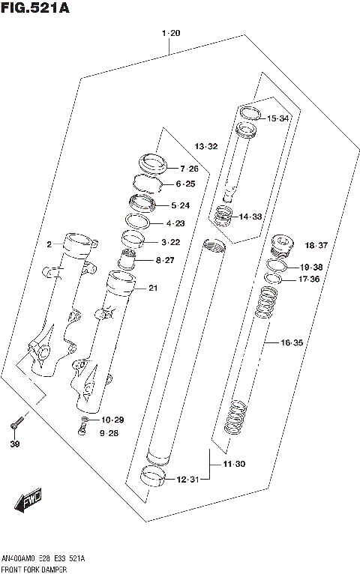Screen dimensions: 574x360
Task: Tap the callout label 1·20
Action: [170, 33]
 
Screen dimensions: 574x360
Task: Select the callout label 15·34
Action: [277, 118]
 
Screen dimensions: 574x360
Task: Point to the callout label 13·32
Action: [206, 145]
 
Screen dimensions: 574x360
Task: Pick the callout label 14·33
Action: [250, 217]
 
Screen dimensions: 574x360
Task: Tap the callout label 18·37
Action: [316, 245]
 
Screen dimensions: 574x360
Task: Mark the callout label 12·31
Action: [187, 480]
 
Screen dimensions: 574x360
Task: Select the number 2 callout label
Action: [49, 244]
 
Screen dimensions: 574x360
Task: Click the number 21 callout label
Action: [153, 288]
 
